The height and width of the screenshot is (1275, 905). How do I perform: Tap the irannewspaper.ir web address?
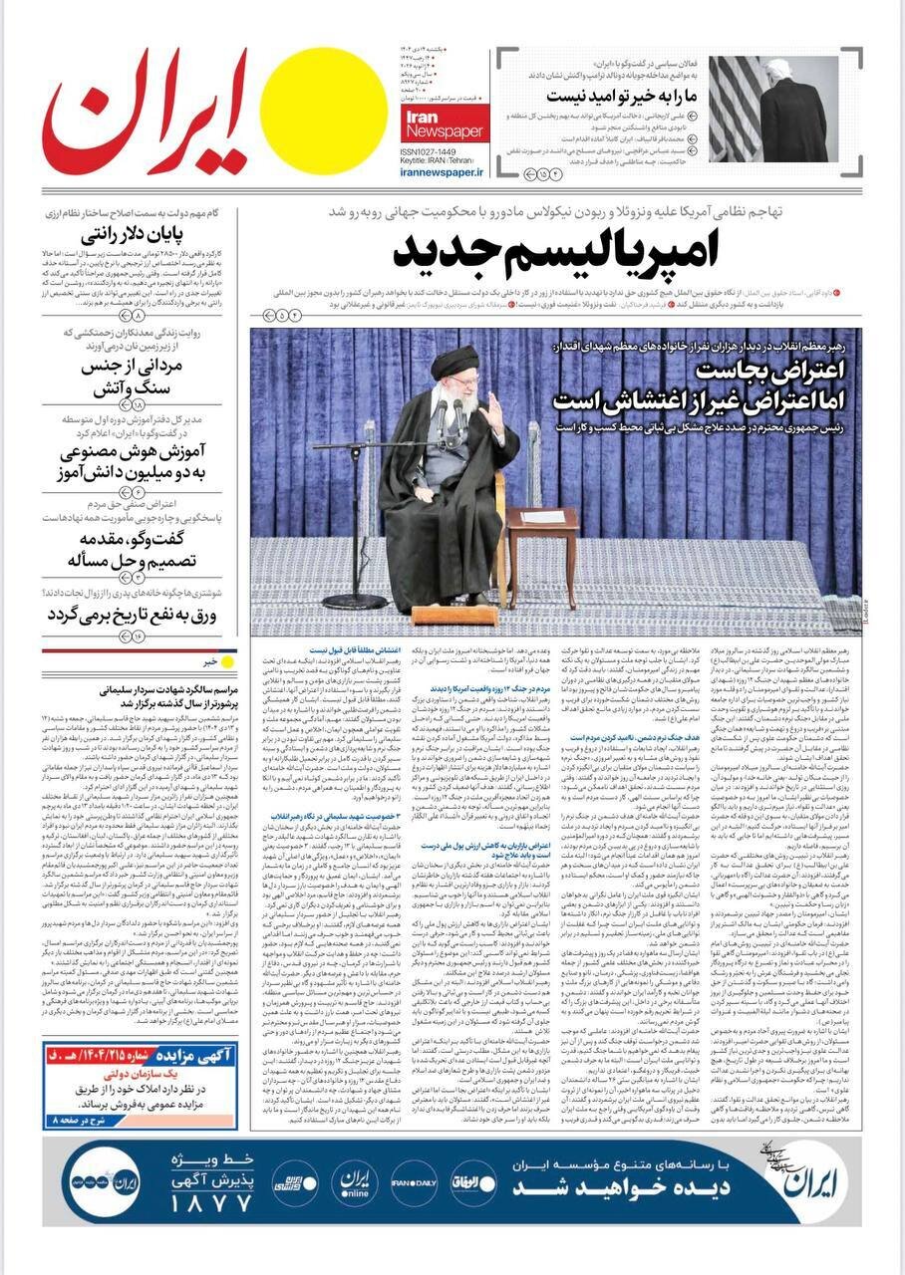443,171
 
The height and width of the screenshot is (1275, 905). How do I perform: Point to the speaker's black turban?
453,362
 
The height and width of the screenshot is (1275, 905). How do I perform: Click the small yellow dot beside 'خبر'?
227,660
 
